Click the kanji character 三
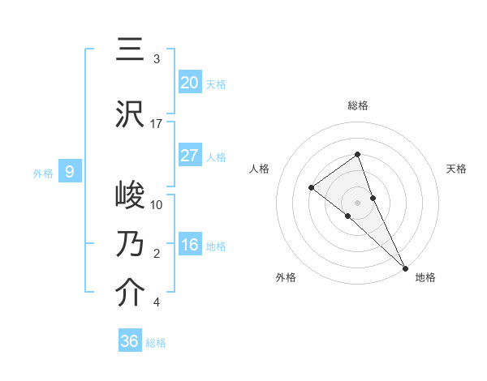(130, 50)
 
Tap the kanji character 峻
(130, 196)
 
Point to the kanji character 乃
(130, 244)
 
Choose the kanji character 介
(130, 293)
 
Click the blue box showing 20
(189, 82)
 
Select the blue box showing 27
(189, 156)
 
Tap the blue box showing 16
(189, 245)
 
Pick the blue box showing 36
(130, 341)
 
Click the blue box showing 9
(70, 171)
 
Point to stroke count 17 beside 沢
(157, 124)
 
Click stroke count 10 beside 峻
(157, 205)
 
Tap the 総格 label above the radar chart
(358, 105)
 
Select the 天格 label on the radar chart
(457, 169)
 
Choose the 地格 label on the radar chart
(425, 278)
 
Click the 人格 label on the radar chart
(259, 169)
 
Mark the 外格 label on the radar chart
(286, 278)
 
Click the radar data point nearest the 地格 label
(405, 268)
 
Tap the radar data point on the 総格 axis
(358, 155)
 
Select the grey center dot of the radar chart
(358, 202)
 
